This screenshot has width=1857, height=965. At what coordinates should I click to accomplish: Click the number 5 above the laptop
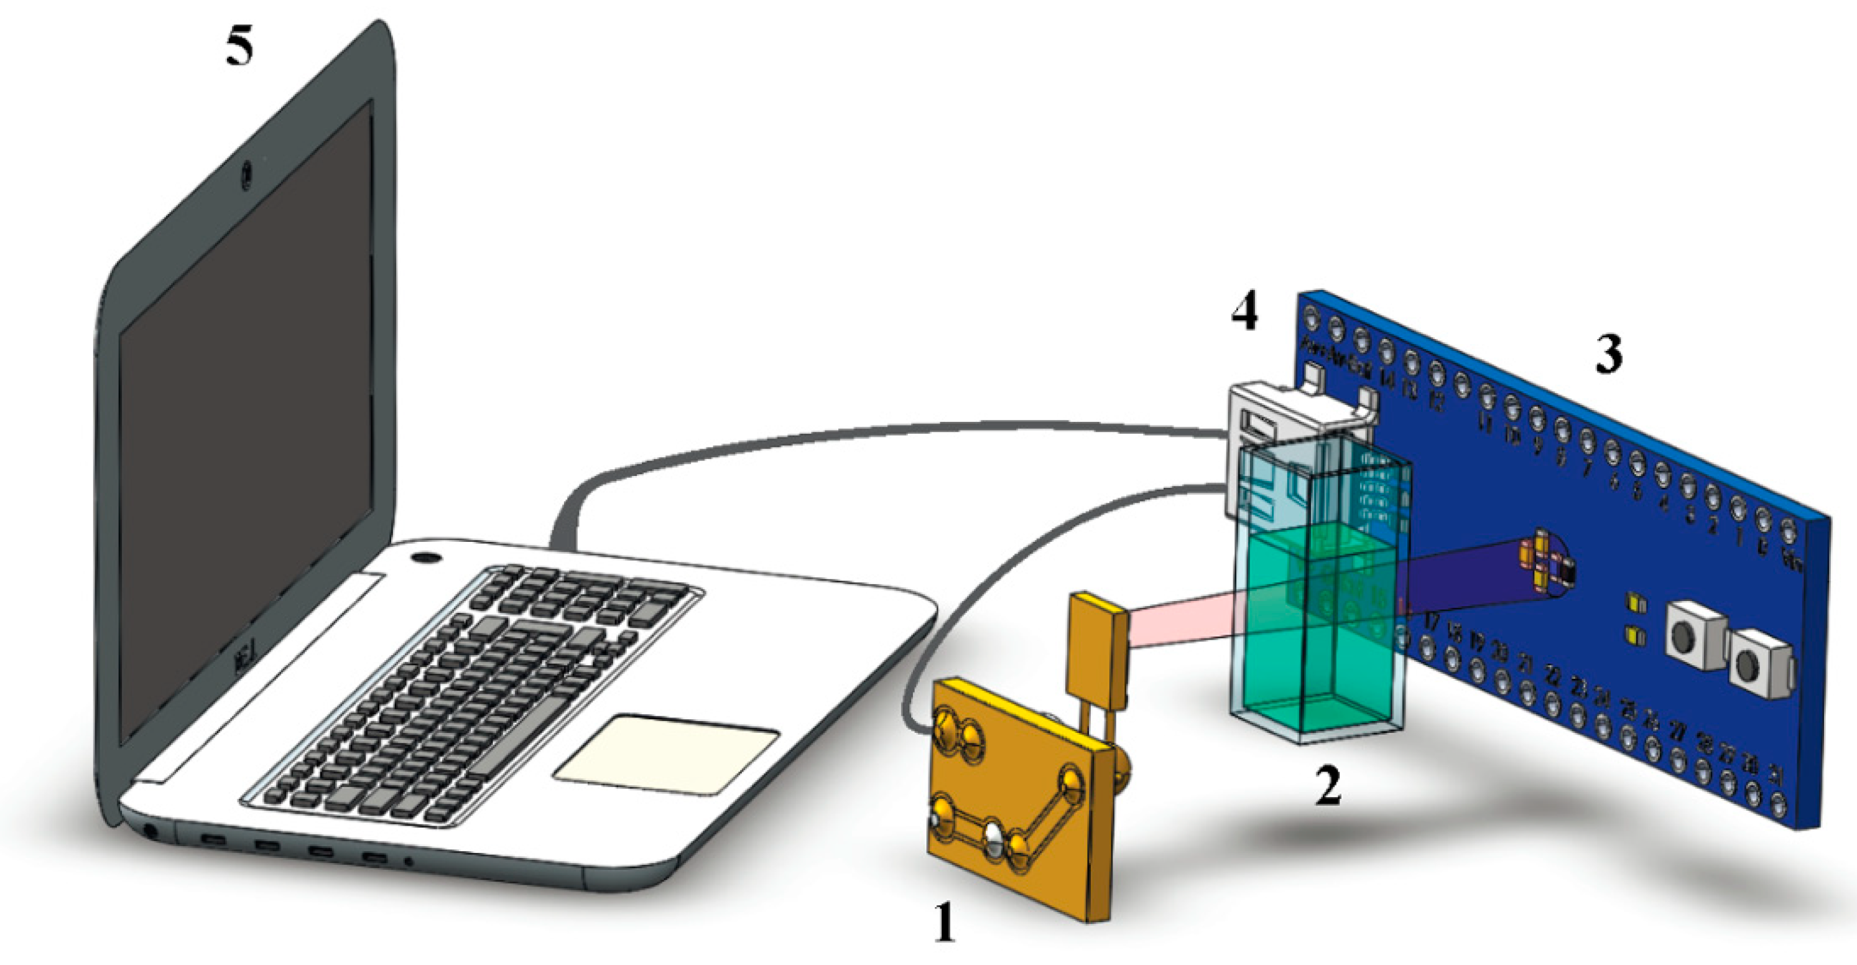point(240,49)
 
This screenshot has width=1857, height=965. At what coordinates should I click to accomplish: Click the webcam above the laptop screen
point(246,173)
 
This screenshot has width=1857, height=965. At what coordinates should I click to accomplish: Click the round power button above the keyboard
point(426,557)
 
